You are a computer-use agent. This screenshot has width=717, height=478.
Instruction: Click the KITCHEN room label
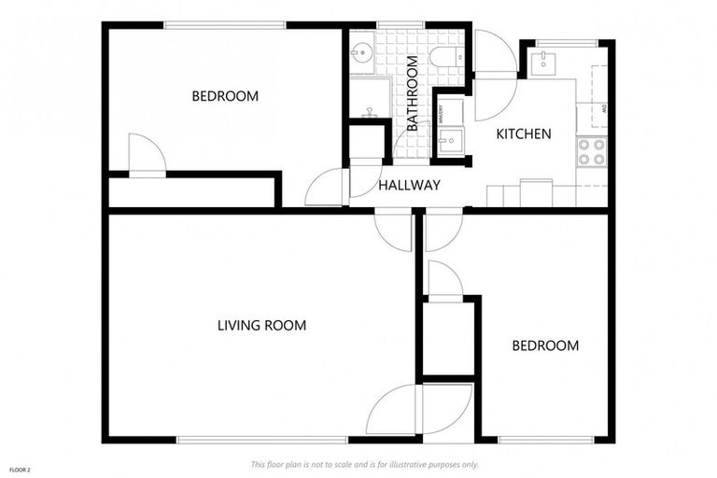[523, 134]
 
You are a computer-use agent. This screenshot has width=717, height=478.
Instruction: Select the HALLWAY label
[409, 186]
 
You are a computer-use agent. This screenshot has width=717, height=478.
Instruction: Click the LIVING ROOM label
[261, 326]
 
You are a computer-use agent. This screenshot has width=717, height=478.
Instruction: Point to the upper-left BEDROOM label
[225, 96]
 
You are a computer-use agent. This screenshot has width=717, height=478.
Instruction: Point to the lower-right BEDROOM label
[545, 345]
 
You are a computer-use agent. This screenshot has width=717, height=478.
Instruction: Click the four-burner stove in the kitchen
[592, 151]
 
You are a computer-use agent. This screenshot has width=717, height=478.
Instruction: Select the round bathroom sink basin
[361, 52]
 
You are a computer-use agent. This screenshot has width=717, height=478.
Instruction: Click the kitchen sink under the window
[542, 63]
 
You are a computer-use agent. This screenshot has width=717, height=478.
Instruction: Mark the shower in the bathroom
[370, 99]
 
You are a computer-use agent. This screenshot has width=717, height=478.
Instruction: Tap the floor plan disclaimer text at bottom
[364, 464]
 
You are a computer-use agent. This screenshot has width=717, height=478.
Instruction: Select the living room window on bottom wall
[261, 439]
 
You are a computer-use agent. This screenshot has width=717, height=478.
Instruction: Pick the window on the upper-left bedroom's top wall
[224, 24]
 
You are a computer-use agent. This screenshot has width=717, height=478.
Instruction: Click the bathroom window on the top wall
[401, 24]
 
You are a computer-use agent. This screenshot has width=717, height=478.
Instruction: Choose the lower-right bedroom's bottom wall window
[545, 439]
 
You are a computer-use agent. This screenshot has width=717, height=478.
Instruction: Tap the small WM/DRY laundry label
[441, 112]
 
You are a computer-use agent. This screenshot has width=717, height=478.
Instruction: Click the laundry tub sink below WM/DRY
[450, 142]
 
